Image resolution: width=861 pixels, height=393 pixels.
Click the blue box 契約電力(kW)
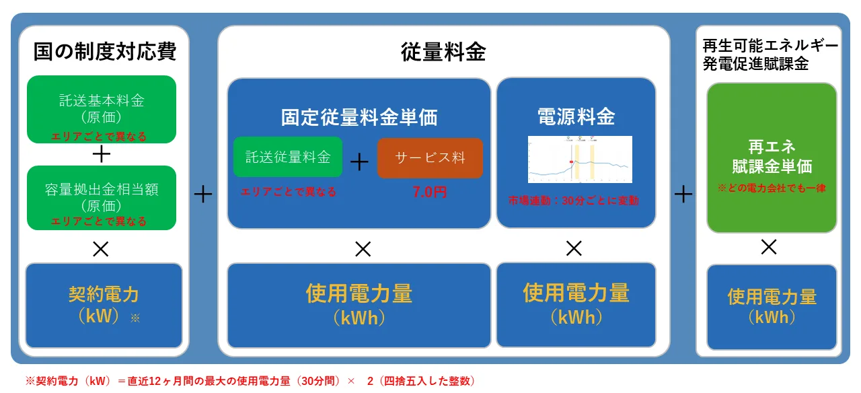(x=104, y=305)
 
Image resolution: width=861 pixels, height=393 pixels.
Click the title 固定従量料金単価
(x=359, y=117)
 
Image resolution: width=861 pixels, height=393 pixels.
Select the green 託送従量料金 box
(x=288, y=157)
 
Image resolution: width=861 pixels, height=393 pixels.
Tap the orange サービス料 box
(x=430, y=158)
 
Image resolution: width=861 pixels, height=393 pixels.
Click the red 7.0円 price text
(x=430, y=192)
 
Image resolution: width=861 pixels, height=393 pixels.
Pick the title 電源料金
(x=576, y=116)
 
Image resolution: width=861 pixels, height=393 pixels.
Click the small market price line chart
(x=580, y=159)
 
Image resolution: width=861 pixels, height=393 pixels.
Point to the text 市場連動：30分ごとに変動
(x=573, y=201)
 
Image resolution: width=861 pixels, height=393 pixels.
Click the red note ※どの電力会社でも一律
(x=772, y=188)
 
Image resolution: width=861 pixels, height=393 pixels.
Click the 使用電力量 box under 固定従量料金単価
(x=359, y=305)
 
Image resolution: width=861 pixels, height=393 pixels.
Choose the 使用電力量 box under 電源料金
(x=576, y=304)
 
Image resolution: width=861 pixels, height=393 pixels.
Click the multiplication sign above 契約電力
(x=101, y=250)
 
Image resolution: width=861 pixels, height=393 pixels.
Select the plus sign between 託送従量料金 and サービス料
(x=360, y=162)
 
